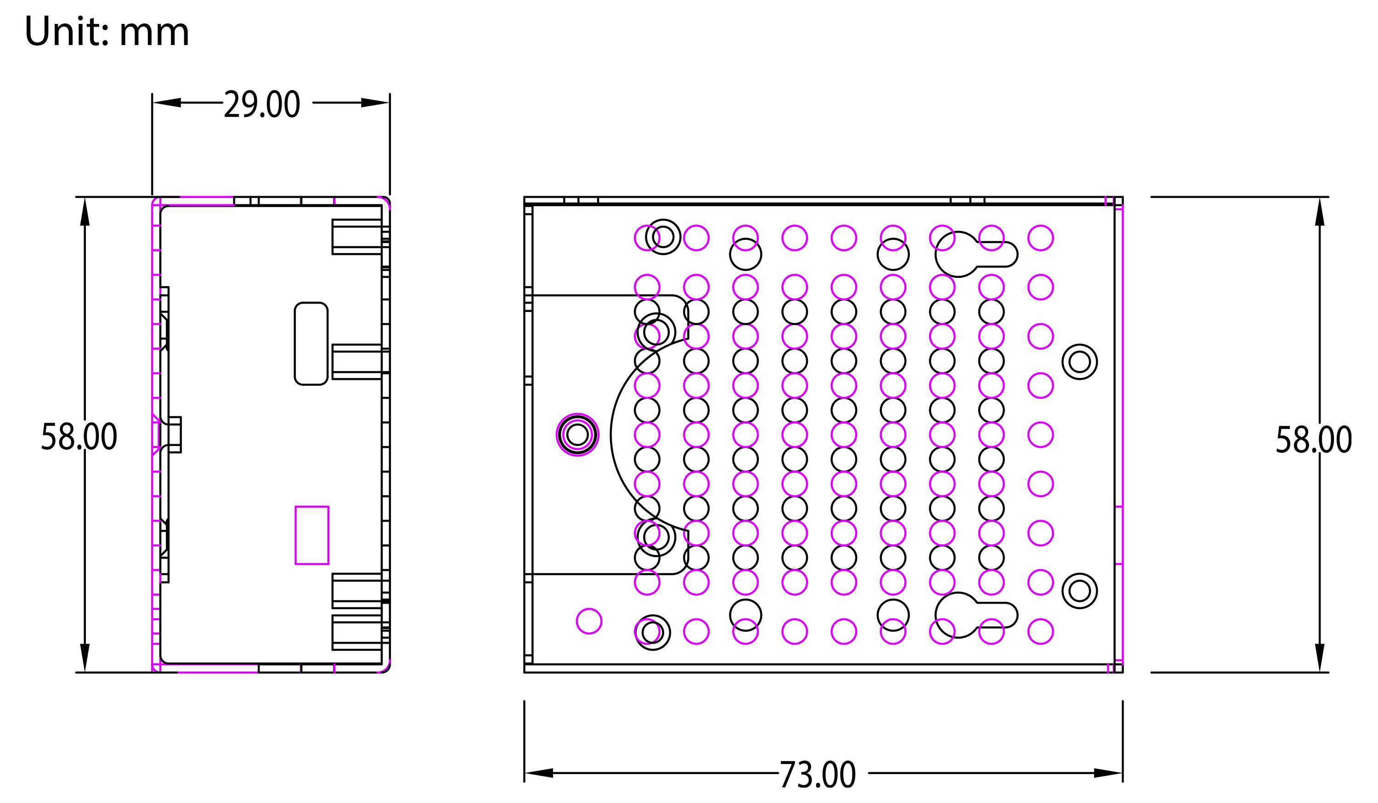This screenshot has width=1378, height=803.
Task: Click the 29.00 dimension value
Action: tap(262, 105)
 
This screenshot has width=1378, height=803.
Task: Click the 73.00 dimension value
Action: tap(817, 775)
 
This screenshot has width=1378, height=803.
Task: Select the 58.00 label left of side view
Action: tap(79, 436)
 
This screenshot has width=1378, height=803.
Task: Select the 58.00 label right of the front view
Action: tap(1314, 439)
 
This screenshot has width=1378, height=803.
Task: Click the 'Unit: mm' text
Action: tap(107, 32)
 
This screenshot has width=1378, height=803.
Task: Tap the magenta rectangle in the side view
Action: tap(312, 535)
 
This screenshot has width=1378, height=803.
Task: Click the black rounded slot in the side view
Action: tap(311, 344)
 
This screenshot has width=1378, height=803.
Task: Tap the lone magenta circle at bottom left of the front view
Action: tap(589, 621)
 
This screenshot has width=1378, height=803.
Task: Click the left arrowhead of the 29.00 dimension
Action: tap(166, 103)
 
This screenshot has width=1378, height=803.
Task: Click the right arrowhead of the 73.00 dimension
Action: tap(1107, 773)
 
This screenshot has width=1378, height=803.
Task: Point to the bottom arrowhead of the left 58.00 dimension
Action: tap(85, 656)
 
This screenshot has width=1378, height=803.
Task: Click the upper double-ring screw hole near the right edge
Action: tap(1079, 362)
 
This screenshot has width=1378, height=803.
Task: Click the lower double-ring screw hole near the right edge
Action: tap(1079, 591)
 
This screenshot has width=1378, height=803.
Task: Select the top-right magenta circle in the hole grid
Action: tap(1040, 238)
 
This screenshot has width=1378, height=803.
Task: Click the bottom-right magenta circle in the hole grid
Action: tap(1040, 632)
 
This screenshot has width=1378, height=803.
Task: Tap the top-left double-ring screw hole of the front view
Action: tap(663, 237)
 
